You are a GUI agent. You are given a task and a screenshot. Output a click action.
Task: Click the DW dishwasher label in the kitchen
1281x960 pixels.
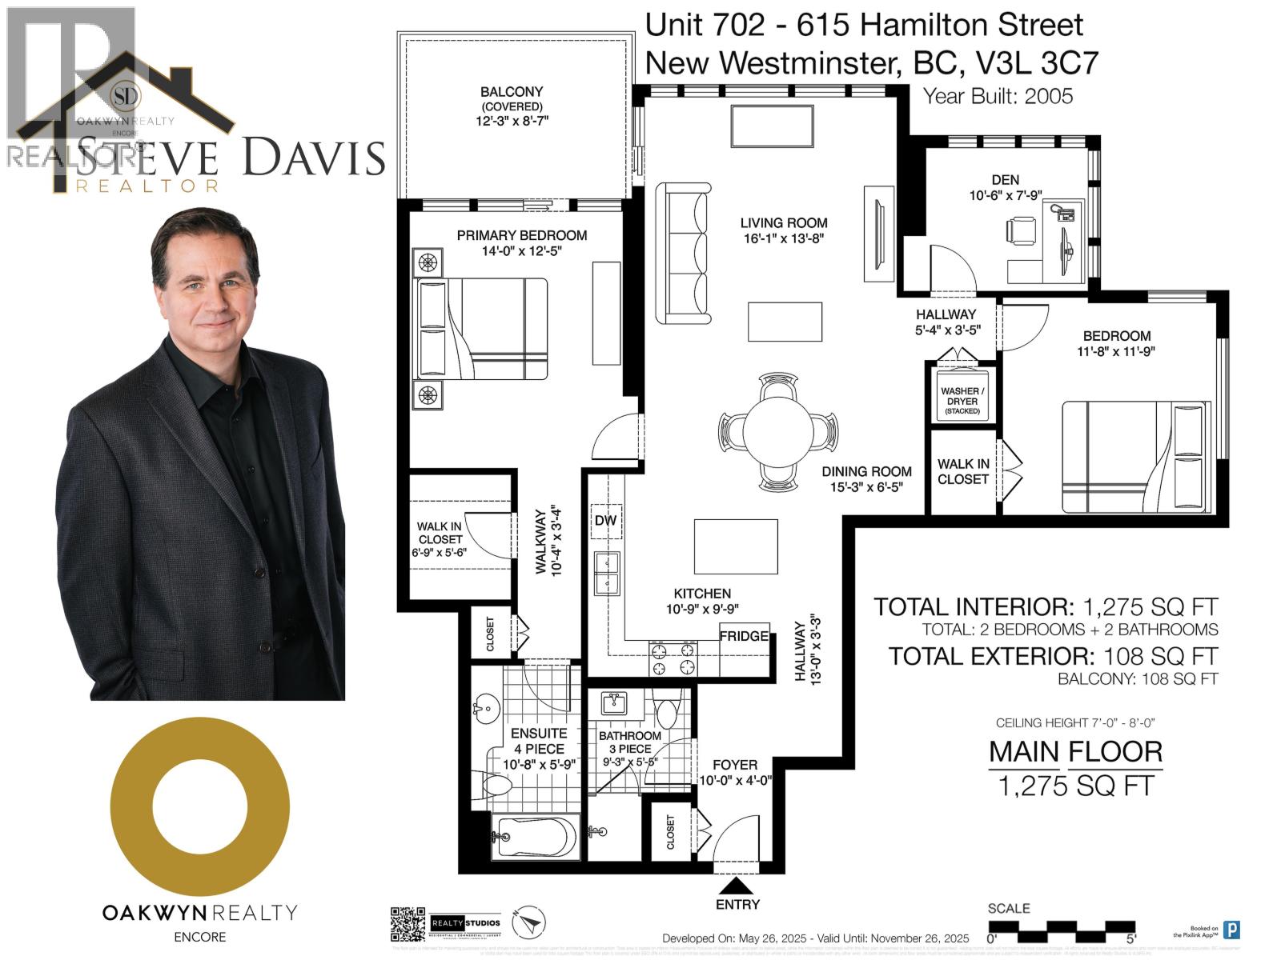(606, 520)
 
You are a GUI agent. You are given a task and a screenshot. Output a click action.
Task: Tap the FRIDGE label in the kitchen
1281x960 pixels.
(744, 637)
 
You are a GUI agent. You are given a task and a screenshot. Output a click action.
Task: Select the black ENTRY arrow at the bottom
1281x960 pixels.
(737, 886)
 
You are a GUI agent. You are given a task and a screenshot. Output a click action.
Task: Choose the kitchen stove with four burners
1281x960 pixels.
(673, 658)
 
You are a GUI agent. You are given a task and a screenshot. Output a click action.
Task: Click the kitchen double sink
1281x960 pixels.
(607, 573)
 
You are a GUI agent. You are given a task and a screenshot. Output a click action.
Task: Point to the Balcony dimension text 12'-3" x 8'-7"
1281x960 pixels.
(512, 121)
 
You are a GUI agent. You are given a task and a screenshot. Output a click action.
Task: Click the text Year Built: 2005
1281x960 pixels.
(998, 96)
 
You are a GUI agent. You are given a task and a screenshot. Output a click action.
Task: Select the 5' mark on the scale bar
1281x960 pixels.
(1130, 938)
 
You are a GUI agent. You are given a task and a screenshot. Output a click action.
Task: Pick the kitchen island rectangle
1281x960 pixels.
(736, 546)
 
